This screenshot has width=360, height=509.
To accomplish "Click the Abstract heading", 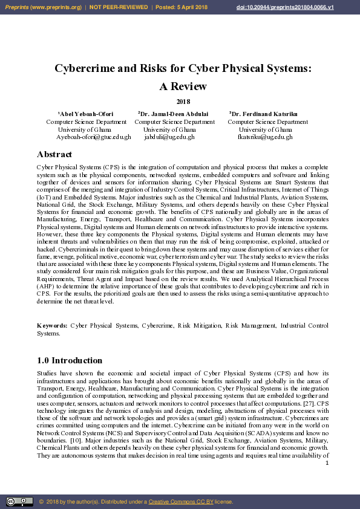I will click(54, 154).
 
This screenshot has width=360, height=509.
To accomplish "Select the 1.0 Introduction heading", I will click(70, 360).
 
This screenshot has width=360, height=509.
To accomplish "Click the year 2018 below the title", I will click(183, 102).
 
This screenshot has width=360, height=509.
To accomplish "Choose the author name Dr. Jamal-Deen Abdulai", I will click(174, 114).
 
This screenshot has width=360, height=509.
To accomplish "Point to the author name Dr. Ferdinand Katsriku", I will click(264, 114).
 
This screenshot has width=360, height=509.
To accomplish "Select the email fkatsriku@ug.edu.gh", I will click(265, 137).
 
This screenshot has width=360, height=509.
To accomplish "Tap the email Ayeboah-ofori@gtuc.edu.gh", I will click(94, 137).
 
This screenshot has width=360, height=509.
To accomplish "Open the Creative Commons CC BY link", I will click(181, 502).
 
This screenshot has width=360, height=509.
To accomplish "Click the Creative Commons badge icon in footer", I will click(19, 502).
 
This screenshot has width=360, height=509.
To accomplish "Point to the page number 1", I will click(327, 463).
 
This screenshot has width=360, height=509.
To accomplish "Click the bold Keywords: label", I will click(51, 326).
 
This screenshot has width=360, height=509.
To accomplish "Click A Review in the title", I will click(183, 86).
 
